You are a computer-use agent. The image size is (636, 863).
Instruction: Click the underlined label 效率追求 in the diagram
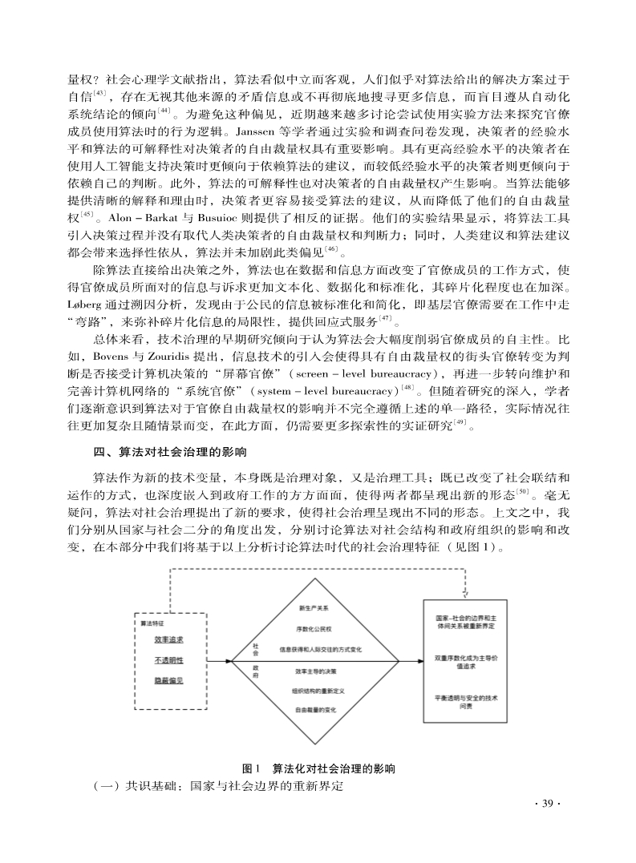point(168,639)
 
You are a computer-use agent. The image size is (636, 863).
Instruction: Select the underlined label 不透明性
point(168,660)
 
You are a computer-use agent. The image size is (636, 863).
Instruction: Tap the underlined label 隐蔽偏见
point(168,680)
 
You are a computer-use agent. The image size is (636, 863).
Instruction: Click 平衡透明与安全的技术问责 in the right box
point(465,702)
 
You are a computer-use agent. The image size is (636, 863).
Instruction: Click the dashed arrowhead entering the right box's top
point(466,593)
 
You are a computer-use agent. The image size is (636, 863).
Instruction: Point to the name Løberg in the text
point(83,304)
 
